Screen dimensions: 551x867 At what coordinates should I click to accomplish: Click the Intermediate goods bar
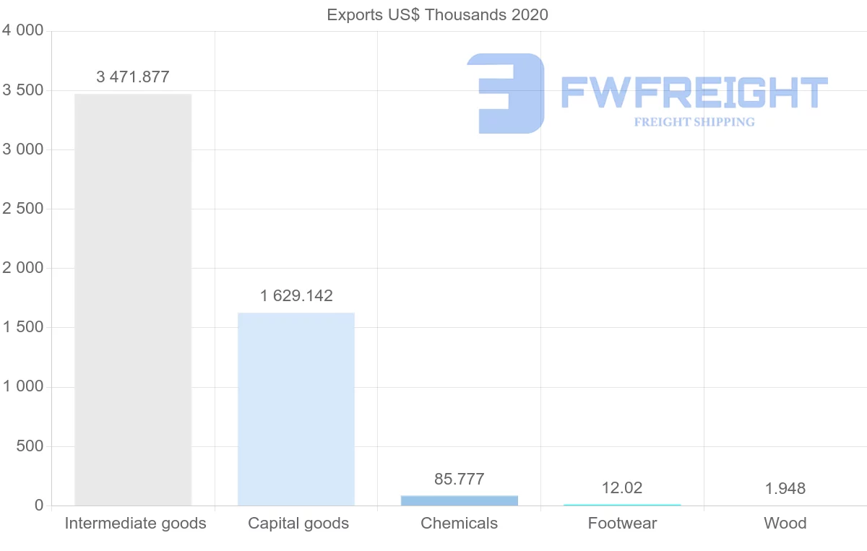coord(133,300)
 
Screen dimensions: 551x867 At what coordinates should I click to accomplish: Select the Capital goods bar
coord(296,409)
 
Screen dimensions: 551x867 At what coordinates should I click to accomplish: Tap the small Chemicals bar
coord(460,500)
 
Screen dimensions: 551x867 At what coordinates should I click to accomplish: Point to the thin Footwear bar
coord(622,505)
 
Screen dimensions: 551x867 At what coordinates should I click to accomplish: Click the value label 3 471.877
coord(133,77)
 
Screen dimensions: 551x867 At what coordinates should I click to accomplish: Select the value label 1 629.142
coord(296,296)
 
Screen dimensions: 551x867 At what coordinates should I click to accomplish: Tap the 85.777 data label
coord(460,480)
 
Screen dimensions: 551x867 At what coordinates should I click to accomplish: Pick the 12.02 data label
coord(622,488)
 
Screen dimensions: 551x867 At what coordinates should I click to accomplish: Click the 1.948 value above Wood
coord(785,489)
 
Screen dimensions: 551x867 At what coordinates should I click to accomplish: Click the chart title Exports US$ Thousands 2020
coord(438,14)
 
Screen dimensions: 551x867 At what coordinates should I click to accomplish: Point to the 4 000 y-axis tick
coord(22,31)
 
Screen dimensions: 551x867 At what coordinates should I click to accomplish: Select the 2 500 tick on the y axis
coord(22,209)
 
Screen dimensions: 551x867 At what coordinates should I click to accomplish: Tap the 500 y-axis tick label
coord(30,446)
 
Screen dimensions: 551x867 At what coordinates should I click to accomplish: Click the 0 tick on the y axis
coord(39,506)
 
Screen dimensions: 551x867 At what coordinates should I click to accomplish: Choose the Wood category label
coord(785,524)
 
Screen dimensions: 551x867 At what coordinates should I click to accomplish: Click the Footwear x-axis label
coord(622,524)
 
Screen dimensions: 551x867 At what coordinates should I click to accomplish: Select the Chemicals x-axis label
coord(460,524)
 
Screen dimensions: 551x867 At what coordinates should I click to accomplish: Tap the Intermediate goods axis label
coord(136,524)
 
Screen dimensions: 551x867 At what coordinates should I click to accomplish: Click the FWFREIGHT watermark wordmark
coord(694,92)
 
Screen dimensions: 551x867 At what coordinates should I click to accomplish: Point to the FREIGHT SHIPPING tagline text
coord(694,122)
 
